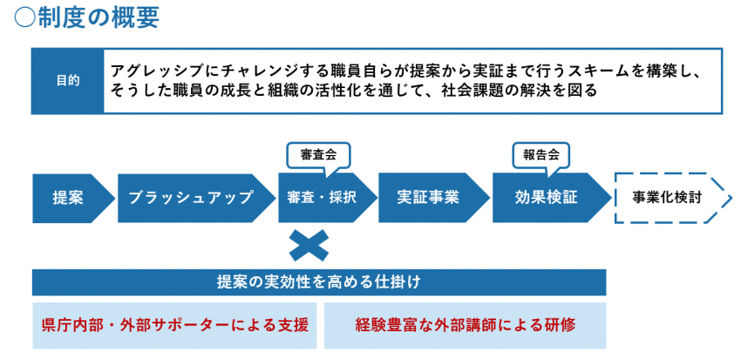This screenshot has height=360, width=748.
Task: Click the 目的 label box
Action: tap(68, 80)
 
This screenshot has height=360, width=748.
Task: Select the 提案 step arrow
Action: tap(70, 198)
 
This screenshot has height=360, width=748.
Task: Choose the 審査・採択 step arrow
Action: tap(321, 198)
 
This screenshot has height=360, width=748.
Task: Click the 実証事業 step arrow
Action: tap(427, 198)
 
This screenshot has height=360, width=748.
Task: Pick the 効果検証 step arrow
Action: tap(546, 198)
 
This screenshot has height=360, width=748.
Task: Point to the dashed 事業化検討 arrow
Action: tap(668, 198)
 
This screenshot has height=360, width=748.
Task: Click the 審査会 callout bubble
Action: tap(318, 154)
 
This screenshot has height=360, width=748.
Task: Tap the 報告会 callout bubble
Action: tap(541, 154)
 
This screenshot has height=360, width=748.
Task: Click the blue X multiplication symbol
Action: tap(307, 247)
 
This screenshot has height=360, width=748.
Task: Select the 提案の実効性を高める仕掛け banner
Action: tap(319, 282)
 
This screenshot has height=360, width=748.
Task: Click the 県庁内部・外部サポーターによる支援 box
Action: tap(174, 325)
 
